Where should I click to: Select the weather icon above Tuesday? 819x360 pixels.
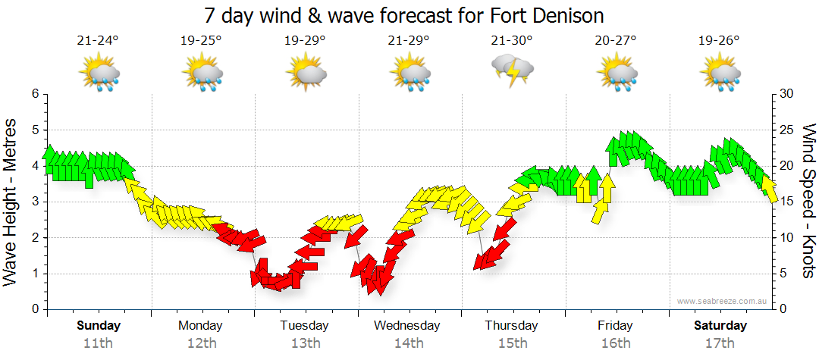point(306,73)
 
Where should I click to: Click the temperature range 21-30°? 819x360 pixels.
point(512,41)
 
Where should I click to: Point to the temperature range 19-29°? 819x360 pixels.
point(305,41)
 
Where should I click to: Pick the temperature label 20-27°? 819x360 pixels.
point(615,41)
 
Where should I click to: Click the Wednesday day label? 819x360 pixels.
point(406,326)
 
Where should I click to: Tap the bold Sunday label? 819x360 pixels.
point(98,326)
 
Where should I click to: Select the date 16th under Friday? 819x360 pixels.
point(615,343)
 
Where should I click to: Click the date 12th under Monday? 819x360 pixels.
point(200,343)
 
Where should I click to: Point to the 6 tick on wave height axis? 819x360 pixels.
point(35,94)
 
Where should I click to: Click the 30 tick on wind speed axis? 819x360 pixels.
point(786,94)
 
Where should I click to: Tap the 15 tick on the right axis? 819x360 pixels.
point(786,202)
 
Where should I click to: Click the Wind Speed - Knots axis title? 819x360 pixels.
point(807,202)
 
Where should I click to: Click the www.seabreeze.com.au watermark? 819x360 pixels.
point(723,301)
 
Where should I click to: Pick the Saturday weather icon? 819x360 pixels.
point(719,73)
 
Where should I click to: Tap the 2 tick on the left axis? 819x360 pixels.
point(35,238)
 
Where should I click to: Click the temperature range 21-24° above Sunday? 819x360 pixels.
point(98,41)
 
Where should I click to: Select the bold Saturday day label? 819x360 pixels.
point(719,326)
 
